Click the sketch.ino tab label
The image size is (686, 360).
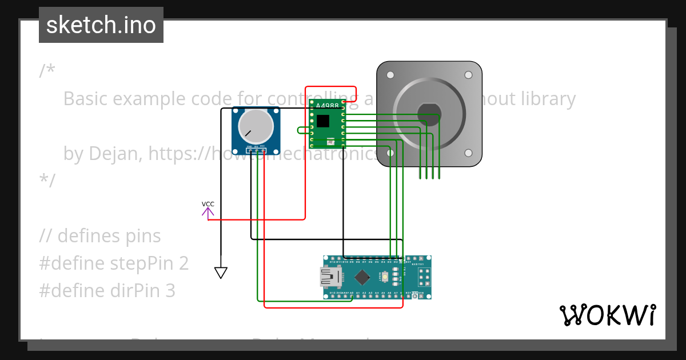[101, 25]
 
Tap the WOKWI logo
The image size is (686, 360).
[607, 315]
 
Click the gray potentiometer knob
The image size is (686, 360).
[256, 126]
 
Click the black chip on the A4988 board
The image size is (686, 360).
[323, 121]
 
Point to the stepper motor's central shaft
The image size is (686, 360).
[429, 114]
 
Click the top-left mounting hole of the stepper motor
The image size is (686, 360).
[390, 75]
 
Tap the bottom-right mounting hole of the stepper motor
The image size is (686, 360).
[468, 153]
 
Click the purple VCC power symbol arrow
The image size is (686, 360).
[208, 212]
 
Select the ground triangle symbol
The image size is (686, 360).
[221, 273]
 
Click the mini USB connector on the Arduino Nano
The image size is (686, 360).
[330, 278]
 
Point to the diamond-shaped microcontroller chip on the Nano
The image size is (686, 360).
[362, 278]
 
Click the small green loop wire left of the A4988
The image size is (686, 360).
[301, 130]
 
